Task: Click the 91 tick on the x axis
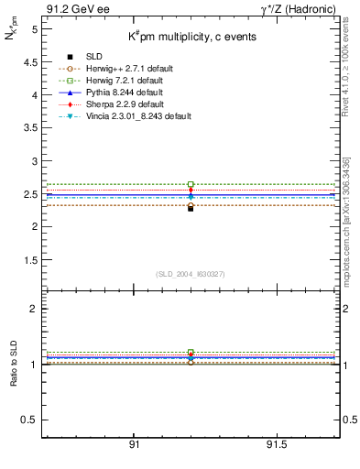(x=134, y=443)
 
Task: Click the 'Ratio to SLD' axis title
(x=14, y=364)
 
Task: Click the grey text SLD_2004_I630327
(x=190, y=273)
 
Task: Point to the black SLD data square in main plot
(x=191, y=208)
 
